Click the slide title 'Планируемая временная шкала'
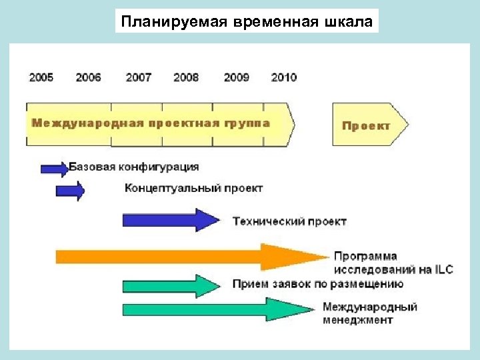(x=246, y=21)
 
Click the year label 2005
(x=41, y=77)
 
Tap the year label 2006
(x=88, y=77)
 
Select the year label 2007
(x=138, y=77)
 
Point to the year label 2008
(x=186, y=77)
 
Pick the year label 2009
(x=237, y=77)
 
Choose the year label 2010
(x=284, y=77)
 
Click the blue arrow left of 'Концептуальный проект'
(x=70, y=192)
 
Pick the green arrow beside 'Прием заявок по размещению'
(x=170, y=285)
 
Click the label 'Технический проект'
(x=289, y=221)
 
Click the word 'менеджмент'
(x=358, y=319)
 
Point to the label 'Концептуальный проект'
(x=194, y=189)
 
